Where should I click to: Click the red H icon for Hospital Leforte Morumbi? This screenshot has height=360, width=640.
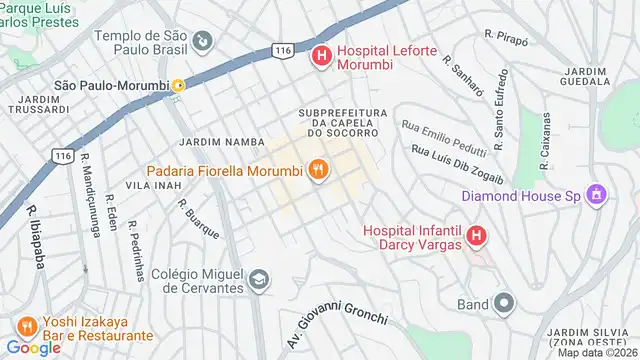click(321, 56)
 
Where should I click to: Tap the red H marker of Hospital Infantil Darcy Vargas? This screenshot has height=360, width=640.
click(476, 237)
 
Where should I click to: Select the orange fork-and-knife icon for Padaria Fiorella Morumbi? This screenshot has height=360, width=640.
click(318, 169)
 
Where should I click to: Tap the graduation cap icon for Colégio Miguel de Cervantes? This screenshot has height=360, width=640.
click(259, 279)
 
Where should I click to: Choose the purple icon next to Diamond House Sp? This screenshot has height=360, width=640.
click(597, 194)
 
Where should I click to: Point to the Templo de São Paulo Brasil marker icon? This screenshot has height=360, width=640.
click(204, 41)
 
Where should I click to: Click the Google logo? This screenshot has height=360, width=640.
click(33, 348)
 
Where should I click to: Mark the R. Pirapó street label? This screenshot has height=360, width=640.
click(506, 35)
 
